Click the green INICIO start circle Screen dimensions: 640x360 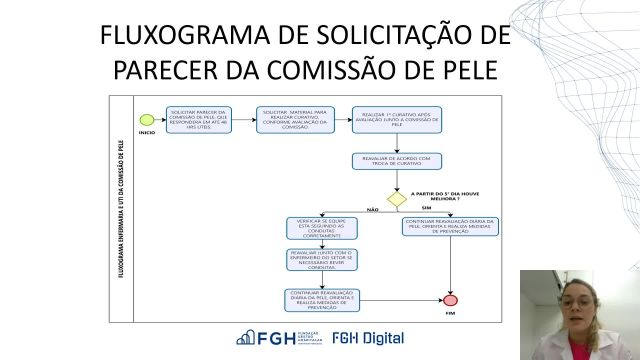[147, 121]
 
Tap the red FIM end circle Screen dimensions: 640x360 [450, 299]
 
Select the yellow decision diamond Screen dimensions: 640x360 [397, 199]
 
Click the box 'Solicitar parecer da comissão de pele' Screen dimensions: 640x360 [199, 120]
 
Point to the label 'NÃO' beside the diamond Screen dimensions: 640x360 [373, 210]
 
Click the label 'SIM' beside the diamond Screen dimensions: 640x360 [424, 207]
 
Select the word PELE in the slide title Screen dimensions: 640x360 [464, 72]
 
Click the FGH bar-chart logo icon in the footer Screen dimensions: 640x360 [246, 338]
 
